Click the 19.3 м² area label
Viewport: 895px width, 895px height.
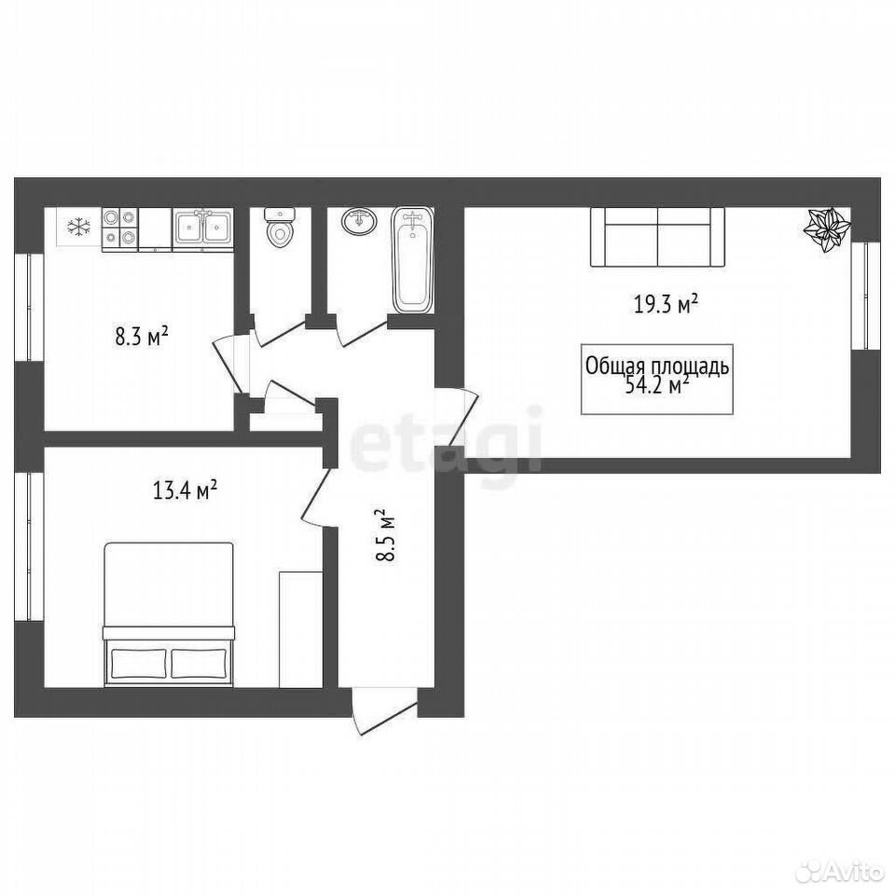[666, 305]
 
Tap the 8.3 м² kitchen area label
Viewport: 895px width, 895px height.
[142, 337]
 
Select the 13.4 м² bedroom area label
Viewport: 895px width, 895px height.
[185, 490]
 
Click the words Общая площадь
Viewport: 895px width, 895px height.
[657, 367]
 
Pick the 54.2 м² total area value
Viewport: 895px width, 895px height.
[657, 386]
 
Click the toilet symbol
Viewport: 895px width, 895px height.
[279, 227]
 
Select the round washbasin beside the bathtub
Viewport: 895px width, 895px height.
[360, 220]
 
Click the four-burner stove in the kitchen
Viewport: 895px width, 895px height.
[120, 229]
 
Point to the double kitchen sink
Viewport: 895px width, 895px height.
[202, 229]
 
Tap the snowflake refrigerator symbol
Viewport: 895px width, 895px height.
[78, 227]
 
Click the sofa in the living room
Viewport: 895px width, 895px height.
[657, 237]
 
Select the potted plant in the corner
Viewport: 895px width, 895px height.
[827, 229]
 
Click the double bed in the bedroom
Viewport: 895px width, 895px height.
[169, 614]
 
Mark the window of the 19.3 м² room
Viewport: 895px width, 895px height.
[865, 296]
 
